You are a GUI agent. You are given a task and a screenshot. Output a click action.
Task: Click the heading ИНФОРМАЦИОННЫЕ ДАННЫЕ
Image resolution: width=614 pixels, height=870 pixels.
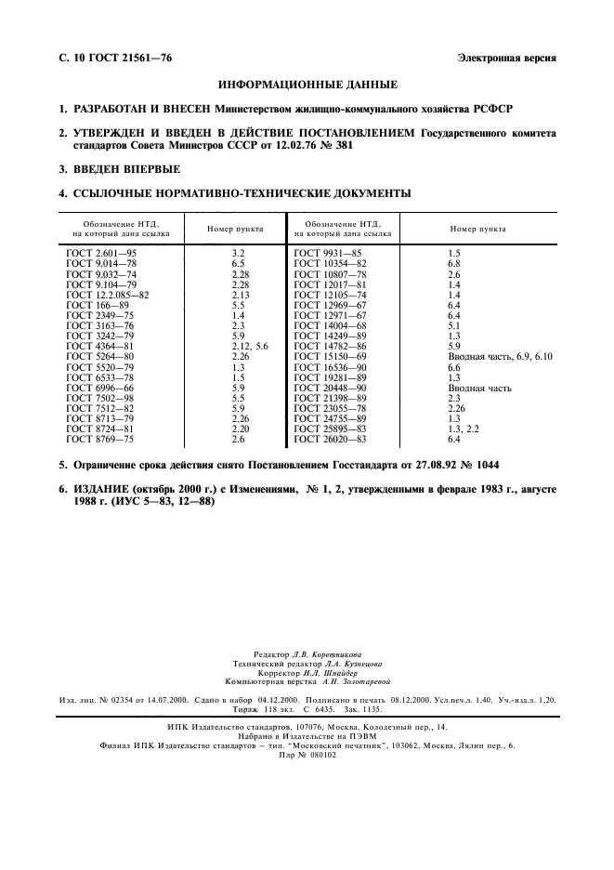coord(307,85)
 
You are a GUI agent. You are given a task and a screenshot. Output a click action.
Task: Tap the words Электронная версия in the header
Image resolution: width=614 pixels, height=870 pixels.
coord(507,58)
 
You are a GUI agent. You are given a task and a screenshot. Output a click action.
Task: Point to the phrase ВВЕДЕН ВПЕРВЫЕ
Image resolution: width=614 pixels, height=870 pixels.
coord(126,169)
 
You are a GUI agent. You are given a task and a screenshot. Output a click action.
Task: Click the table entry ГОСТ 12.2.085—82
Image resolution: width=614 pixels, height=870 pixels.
coord(110,295)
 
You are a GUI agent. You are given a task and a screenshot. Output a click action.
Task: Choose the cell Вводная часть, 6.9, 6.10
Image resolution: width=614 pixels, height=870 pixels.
coord(501,356)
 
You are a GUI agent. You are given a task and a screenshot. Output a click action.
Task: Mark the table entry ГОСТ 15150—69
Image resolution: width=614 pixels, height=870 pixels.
coord(332,356)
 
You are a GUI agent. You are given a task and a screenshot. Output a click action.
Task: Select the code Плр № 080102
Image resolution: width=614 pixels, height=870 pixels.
coord(307,754)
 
